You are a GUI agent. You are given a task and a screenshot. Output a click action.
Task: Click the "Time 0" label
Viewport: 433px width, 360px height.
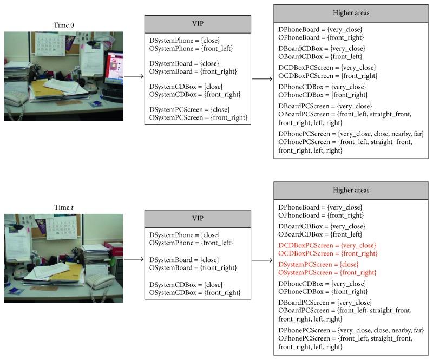(63, 25)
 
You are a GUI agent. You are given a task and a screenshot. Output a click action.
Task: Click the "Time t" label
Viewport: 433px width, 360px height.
(63, 207)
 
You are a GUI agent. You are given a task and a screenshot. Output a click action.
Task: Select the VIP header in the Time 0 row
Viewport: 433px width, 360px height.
(198, 24)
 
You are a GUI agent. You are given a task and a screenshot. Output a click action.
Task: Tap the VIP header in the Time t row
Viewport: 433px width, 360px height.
(198, 219)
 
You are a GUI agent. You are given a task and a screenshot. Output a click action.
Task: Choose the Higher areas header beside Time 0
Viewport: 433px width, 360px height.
(351, 14)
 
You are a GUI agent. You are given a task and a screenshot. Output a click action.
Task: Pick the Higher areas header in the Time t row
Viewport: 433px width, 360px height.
(351, 191)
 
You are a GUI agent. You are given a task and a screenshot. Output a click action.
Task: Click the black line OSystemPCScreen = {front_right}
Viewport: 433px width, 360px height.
(198, 117)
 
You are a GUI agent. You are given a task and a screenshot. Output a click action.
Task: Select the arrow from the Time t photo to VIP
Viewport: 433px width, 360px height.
(134, 259)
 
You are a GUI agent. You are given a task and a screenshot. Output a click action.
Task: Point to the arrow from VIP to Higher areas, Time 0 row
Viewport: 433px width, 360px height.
(263, 79)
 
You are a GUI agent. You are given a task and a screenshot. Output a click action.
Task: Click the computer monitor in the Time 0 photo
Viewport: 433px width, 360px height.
(113, 68)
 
